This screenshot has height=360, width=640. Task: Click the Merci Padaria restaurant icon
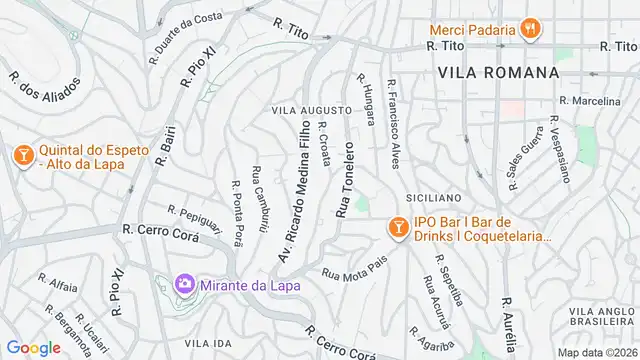click(x=531, y=30)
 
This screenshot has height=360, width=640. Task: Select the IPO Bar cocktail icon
click(x=398, y=228)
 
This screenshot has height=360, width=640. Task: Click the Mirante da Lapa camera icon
click(x=185, y=285)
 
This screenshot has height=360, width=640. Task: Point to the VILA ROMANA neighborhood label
click(x=498, y=73)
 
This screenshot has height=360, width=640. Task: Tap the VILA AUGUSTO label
click(x=312, y=109)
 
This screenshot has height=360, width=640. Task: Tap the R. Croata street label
click(x=324, y=144)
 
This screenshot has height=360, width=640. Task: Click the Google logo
click(x=33, y=347)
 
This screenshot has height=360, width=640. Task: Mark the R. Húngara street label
click(x=365, y=98)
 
